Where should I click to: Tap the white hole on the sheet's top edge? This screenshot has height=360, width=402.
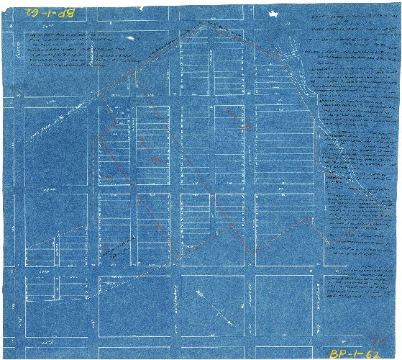click(x=274, y=13)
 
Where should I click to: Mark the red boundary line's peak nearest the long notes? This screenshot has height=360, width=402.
click(x=309, y=216)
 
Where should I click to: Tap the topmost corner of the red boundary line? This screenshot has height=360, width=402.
click(x=209, y=22)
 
